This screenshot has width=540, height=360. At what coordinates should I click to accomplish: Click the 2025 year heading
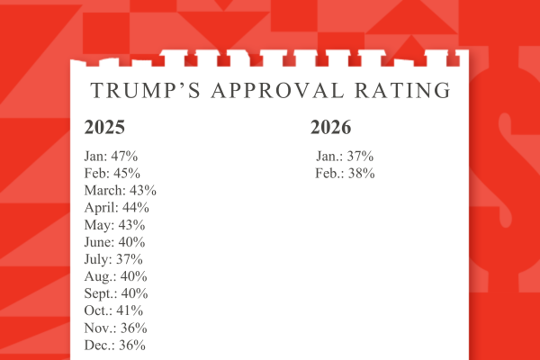(104, 127)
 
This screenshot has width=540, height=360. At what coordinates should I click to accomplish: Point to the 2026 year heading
(331, 127)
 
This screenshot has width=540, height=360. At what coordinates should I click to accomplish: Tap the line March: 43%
(121, 191)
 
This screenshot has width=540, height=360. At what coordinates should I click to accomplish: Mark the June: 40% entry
(115, 242)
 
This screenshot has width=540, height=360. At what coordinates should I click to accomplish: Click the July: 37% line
(113, 259)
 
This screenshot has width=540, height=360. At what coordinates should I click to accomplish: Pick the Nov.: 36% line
(115, 328)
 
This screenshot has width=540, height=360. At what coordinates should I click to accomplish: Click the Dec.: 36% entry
(115, 345)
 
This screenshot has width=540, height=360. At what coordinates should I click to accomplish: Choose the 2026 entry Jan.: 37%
(345, 157)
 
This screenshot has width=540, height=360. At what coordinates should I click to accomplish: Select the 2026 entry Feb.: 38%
(345, 174)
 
